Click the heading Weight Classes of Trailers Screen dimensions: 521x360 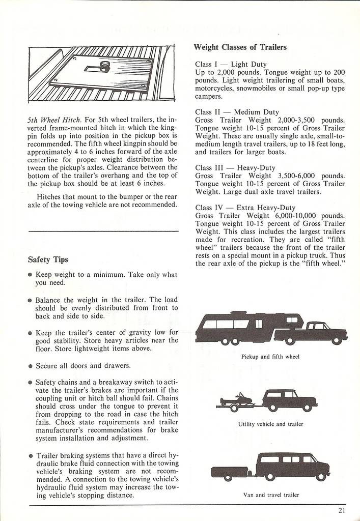pyautogui.click(x=240, y=47)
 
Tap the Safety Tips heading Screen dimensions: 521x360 pyautogui.click(x=48, y=259)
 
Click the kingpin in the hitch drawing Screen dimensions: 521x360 pyautogui.click(x=104, y=65)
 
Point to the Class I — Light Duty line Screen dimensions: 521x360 pyautogui.click(x=228, y=65)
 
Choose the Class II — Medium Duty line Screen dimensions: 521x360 pyautogui.click(x=237, y=112)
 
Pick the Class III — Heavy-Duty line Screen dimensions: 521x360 pyautogui.click(x=235, y=167)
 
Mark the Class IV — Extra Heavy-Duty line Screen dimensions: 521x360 pyautogui.click(x=245, y=208)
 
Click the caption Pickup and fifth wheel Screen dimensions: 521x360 pyautogui.click(x=270, y=357)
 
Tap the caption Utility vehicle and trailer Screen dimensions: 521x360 pyautogui.click(x=270, y=424)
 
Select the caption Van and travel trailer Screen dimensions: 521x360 pyautogui.click(x=270, y=494)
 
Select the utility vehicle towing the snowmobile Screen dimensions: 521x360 pyautogui.click(x=289, y=399)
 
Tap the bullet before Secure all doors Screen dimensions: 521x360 pyautogui.click(x=31, y=366)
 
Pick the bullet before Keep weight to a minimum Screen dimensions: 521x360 pyautogui.click(x=31, y=275)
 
